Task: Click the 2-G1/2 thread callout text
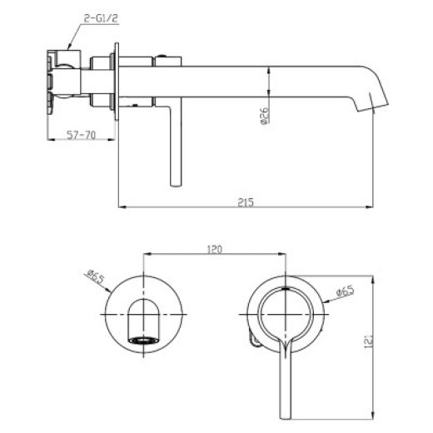pyautogui.click(x=101, y=18)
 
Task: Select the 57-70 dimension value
pyautogui.click(x=81, y=135)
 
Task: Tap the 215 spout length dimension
pyautogui.click(x=246, y=202)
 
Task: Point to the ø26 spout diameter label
pyautogui.click(x=265, y=116)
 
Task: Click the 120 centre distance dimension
pyautogui.click(x=215, y=249)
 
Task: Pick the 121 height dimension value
pyautogui.click(x=368, y=341)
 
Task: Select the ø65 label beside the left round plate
pyautogui.click(x=95, y=276)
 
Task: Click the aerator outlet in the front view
pyautogui.click(x=143, y=340)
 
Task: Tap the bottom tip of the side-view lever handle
pyautogui.click(x=176, y=185)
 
